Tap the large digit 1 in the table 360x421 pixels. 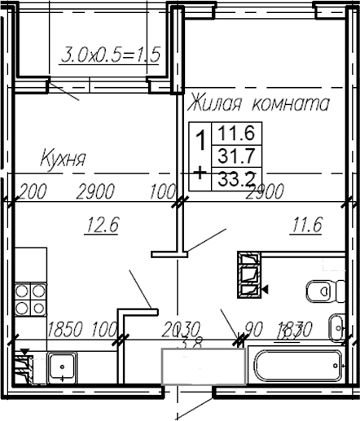(x=200, y=140)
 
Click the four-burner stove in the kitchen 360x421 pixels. (x=29, y=299)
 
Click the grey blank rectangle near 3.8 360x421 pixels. (x=204, y=365)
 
